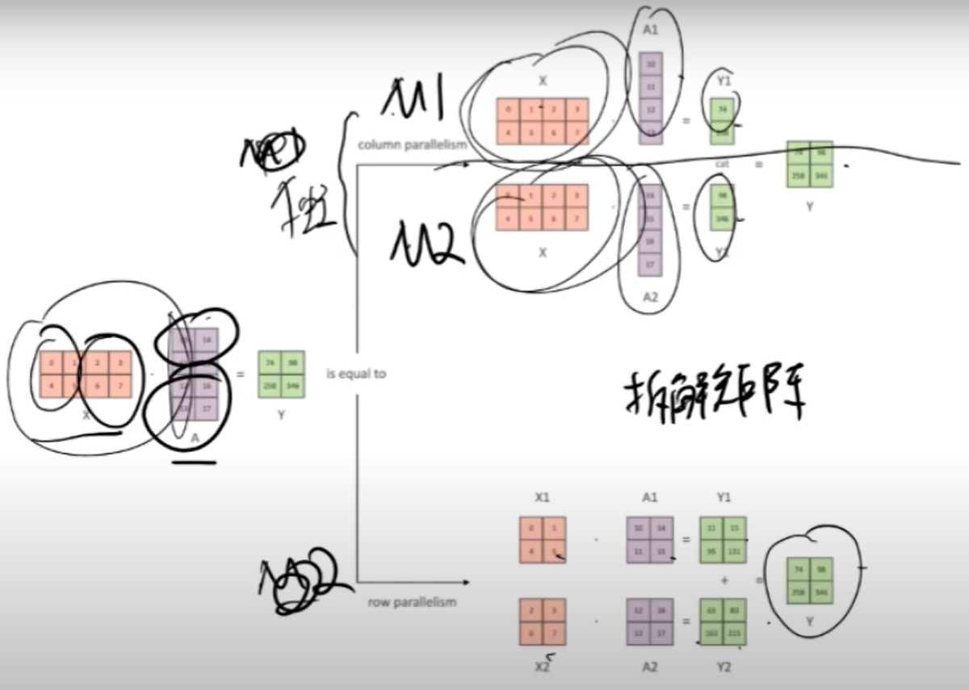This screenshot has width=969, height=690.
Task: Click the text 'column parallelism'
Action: click(x=413, y=144)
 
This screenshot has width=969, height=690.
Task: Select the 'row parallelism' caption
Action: click(x=412, y=601)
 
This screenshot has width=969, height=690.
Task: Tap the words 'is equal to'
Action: click(x=356, y=374)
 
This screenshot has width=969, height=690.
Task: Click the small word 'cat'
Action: click(x=723, y=164)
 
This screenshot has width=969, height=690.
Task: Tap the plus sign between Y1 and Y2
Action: click(x=723, y=579)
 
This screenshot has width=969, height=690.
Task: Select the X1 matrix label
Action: click(x=542, y=498)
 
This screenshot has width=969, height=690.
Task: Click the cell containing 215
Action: click(x=735, y=634)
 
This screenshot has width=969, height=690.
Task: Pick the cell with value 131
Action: click(x=735, y=552)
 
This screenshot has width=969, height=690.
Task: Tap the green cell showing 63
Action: click(x=711, y=610)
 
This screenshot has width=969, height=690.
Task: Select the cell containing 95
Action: click(x=711, y=552)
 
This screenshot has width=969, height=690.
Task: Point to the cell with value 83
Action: click(x=735, y=610)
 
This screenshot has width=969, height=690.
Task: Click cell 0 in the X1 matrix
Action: click(x=531, y=529)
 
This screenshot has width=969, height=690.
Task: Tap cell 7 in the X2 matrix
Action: click(x=554, y=634)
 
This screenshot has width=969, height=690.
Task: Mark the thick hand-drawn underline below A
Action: click(x=195, y=462)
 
